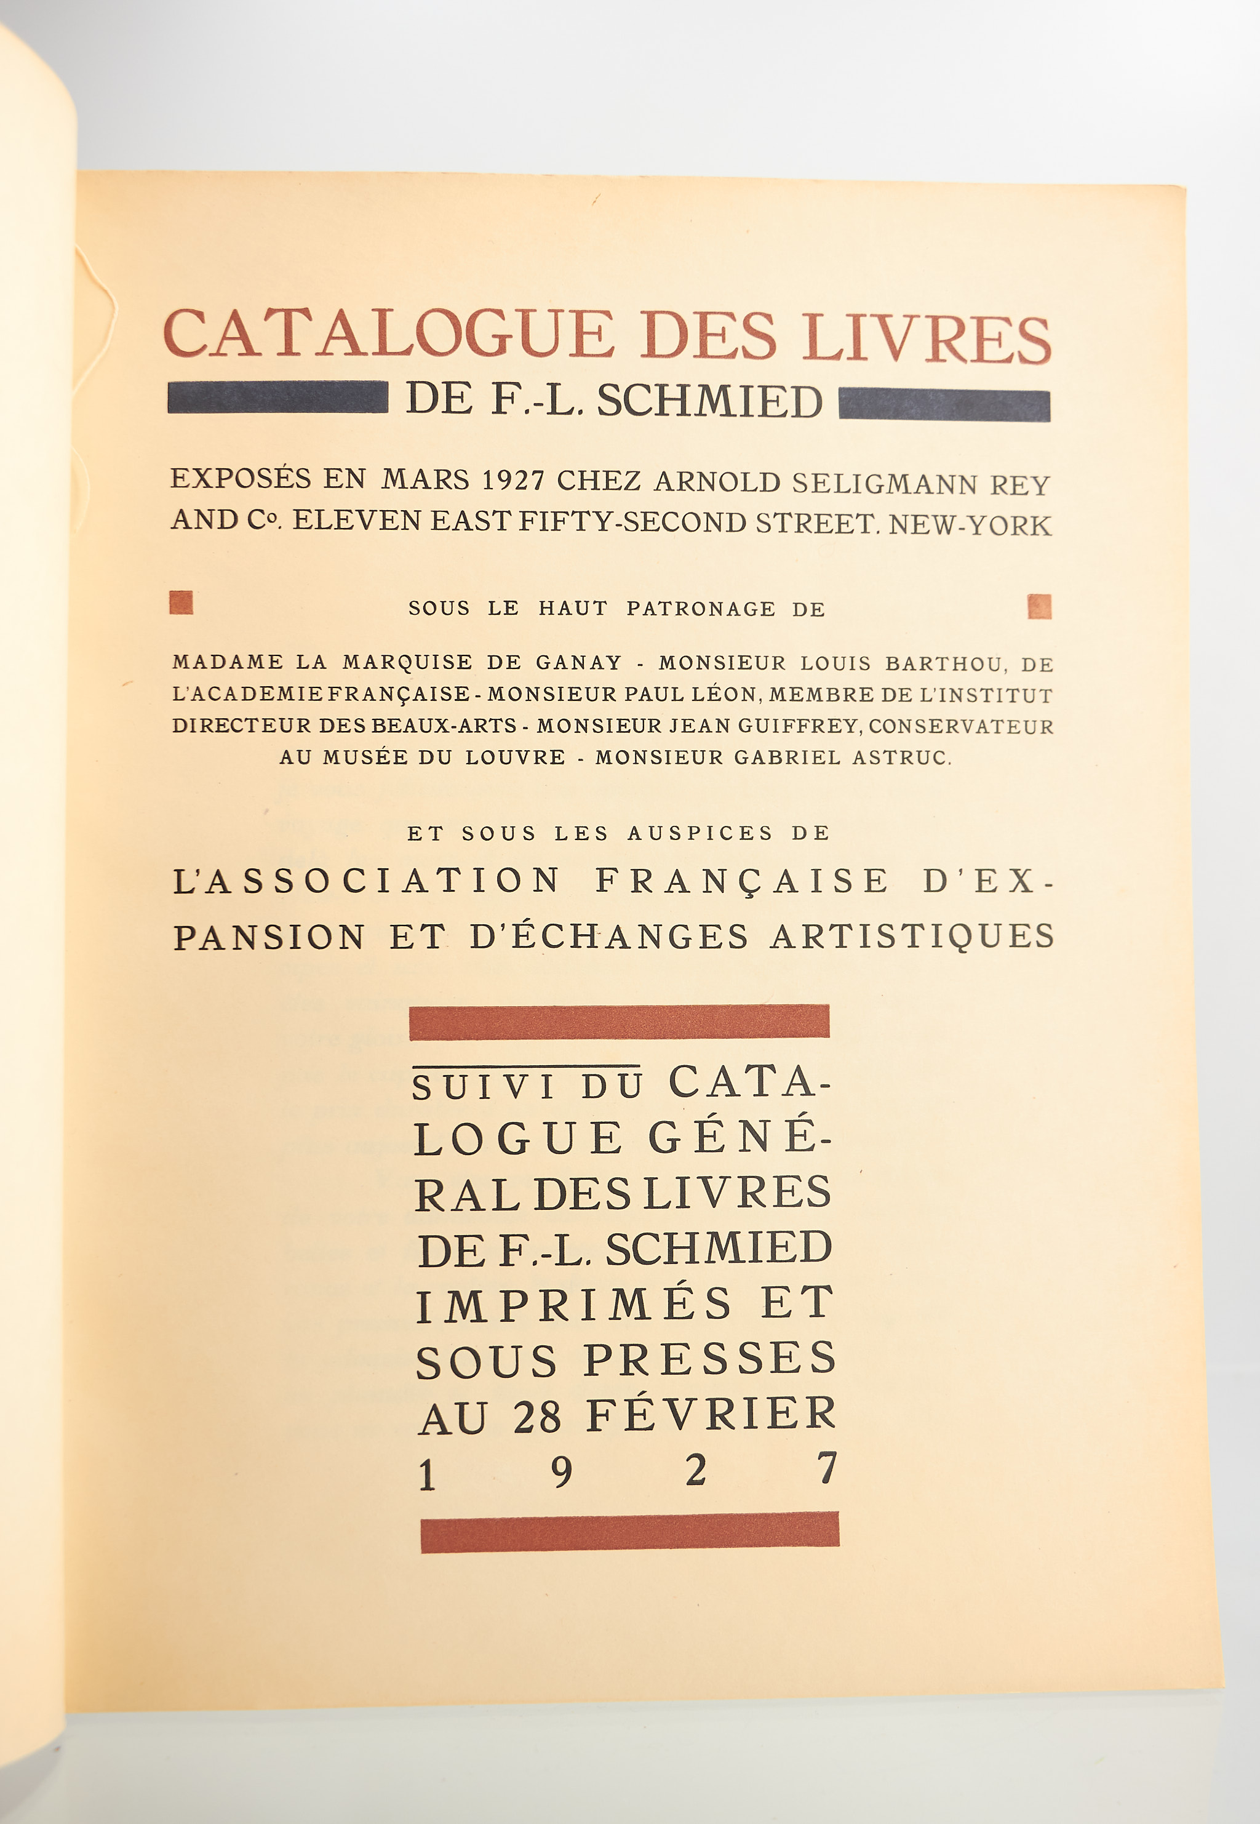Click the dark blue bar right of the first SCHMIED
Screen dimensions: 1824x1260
(944, 405)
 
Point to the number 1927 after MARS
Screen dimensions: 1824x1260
(513, 480)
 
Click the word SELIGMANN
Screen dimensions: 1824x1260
(884, 483)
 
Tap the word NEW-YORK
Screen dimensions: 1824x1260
(970, 525)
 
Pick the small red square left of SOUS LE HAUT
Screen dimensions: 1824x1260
(181, 602)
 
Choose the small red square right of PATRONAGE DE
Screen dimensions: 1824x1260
(1040, 606)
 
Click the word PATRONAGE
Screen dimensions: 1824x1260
(701, 609)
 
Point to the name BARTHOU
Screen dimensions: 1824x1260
(946, 664)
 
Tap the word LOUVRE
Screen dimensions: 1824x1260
(515, 758)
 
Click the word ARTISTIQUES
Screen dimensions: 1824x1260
(912, 937)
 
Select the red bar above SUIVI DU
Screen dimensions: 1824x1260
(619, 1022)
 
